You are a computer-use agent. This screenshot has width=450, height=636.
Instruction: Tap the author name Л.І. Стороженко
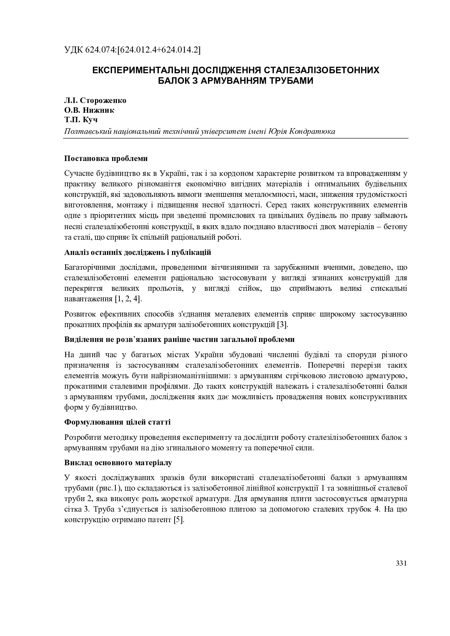(95, 100)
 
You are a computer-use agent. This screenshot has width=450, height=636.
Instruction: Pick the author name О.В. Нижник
(89, 110)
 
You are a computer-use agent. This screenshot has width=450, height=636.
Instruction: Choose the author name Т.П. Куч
(81, 120)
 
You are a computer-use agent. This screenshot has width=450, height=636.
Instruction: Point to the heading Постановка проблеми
(106, 158)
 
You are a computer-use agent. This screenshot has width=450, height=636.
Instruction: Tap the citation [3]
(282, 325)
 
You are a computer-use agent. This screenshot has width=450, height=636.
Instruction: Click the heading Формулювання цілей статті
(117, 422)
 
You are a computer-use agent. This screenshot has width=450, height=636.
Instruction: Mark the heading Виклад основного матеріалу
(118, 463)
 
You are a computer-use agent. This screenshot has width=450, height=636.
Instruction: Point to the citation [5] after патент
(179, 520)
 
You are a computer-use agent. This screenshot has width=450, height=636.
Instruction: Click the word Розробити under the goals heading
(81, 437)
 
